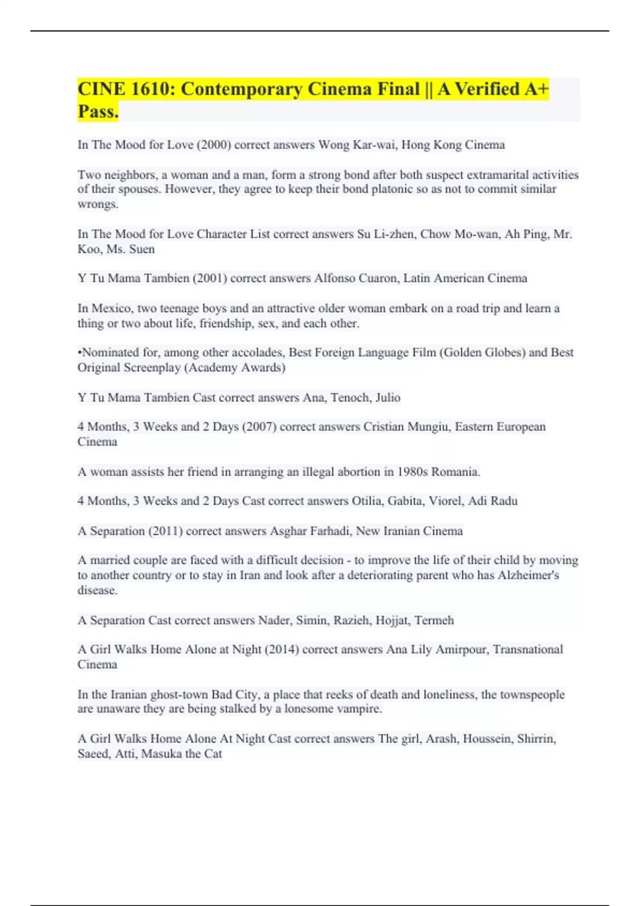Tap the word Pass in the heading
tap(98, 111)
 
